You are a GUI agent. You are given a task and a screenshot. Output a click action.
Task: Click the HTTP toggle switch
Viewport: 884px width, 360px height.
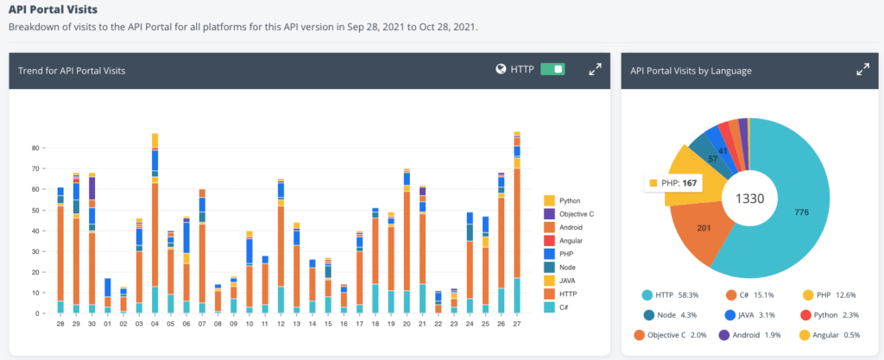point(552,69)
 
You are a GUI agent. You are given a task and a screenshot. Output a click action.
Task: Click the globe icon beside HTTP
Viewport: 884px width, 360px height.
point(501,69)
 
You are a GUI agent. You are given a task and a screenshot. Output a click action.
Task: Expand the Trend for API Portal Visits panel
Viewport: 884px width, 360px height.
point(595,69)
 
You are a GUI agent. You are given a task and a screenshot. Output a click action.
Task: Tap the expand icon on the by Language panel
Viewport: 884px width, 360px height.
point(862,70)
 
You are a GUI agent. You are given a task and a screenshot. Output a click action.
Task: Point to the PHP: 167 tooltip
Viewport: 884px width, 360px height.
point(673,183)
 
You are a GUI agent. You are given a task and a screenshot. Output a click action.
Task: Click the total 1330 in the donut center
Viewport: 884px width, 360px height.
point(749,198)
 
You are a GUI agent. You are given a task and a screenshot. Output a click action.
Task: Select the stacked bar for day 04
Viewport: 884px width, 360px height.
point(155,224)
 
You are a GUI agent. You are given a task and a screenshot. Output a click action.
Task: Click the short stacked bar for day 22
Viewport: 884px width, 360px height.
point(439,302)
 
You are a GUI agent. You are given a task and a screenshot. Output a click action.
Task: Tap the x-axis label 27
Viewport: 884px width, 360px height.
point(516,324)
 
